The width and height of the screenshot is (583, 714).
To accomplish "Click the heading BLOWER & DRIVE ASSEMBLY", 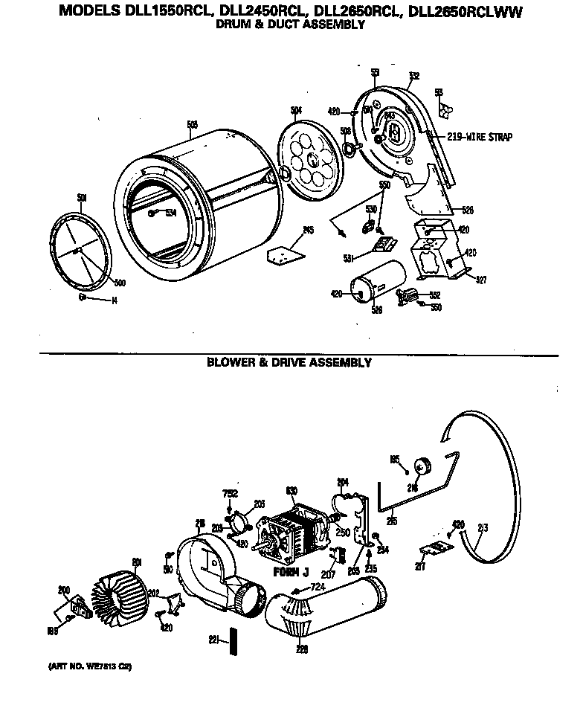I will (x=289, y=363).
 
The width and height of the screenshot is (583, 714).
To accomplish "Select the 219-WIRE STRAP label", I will (x=480, y=137).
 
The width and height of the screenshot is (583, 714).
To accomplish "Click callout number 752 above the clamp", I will (x=230, y=494).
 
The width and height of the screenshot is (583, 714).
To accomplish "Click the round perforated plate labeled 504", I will (x=309, y=158).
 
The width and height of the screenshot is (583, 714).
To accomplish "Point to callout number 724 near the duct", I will (x=318, y=588).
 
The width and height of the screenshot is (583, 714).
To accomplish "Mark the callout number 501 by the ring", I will (x=82, y=198).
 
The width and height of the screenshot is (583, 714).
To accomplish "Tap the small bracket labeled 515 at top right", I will (x=444, y=109).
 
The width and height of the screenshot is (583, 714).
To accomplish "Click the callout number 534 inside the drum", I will (x=170, y=213).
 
